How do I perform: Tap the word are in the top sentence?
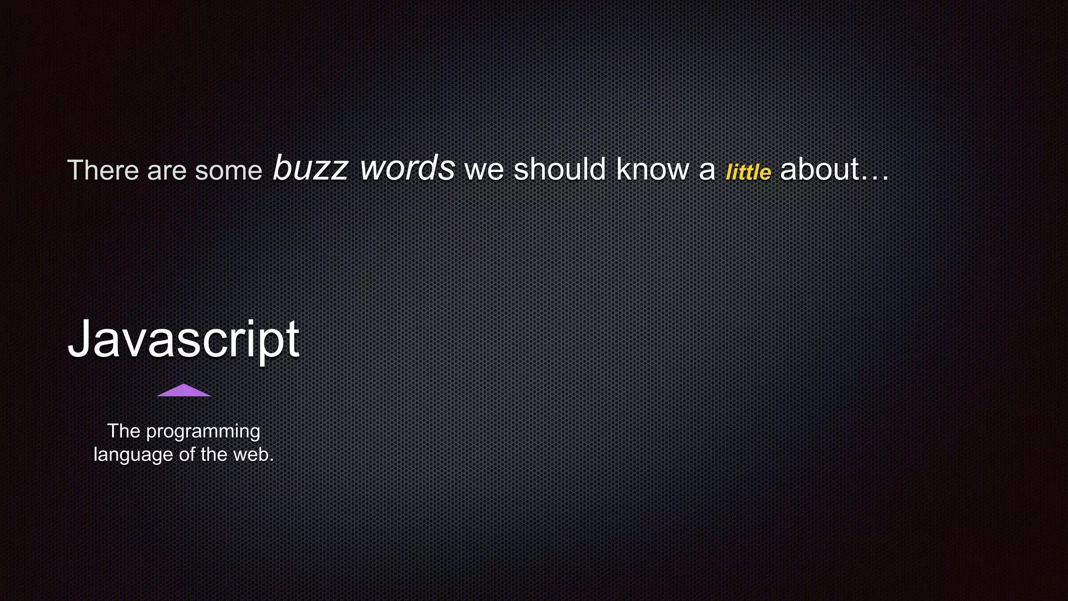click(166, 171)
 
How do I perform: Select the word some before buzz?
click(228, 171)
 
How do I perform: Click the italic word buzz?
click(310, 169)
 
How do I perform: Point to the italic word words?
click(407, 168)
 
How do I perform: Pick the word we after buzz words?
click(484, 170)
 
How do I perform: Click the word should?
click(560, 169)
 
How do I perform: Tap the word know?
click(652, 169)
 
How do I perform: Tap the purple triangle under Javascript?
click(184, 391)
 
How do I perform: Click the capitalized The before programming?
click(124, 431)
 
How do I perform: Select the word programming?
click(203, 432)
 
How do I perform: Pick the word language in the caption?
click(133, 455)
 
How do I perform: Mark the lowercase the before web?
click(214, 454)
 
